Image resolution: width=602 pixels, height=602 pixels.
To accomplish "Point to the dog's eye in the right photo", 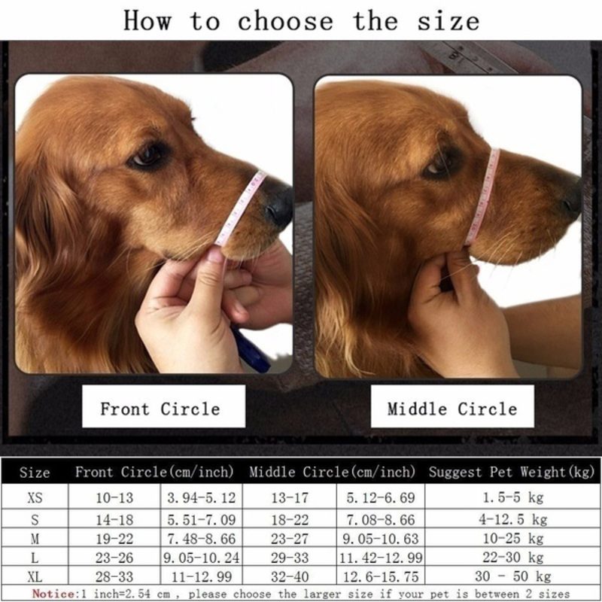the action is [x=438, y=165].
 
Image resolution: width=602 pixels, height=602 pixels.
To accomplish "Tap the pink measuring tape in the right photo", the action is [x=483, y=196].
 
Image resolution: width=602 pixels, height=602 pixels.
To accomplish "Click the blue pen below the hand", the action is [x=250, y=349].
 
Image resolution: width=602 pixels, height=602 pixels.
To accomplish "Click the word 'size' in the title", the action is [x=448, y=21].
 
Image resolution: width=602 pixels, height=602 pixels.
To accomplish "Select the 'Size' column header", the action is [x=35, y=473].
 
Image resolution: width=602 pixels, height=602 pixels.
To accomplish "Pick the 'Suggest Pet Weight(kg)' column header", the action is [x=512, y=472].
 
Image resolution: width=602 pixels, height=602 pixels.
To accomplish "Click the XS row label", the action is [x=35, y=498].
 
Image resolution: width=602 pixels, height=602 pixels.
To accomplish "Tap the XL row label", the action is [x=35, y=576].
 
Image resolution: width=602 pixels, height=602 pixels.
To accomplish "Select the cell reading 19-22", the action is [x=114, y=539].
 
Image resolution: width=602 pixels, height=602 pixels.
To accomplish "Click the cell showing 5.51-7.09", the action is [x=201, y=520].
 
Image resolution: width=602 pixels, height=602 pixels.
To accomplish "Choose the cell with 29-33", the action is [x=290, y=558].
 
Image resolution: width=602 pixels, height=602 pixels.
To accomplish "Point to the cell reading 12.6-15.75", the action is [x=381, y=576].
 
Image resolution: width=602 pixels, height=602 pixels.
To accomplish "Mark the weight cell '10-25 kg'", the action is [x=513, y=539].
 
